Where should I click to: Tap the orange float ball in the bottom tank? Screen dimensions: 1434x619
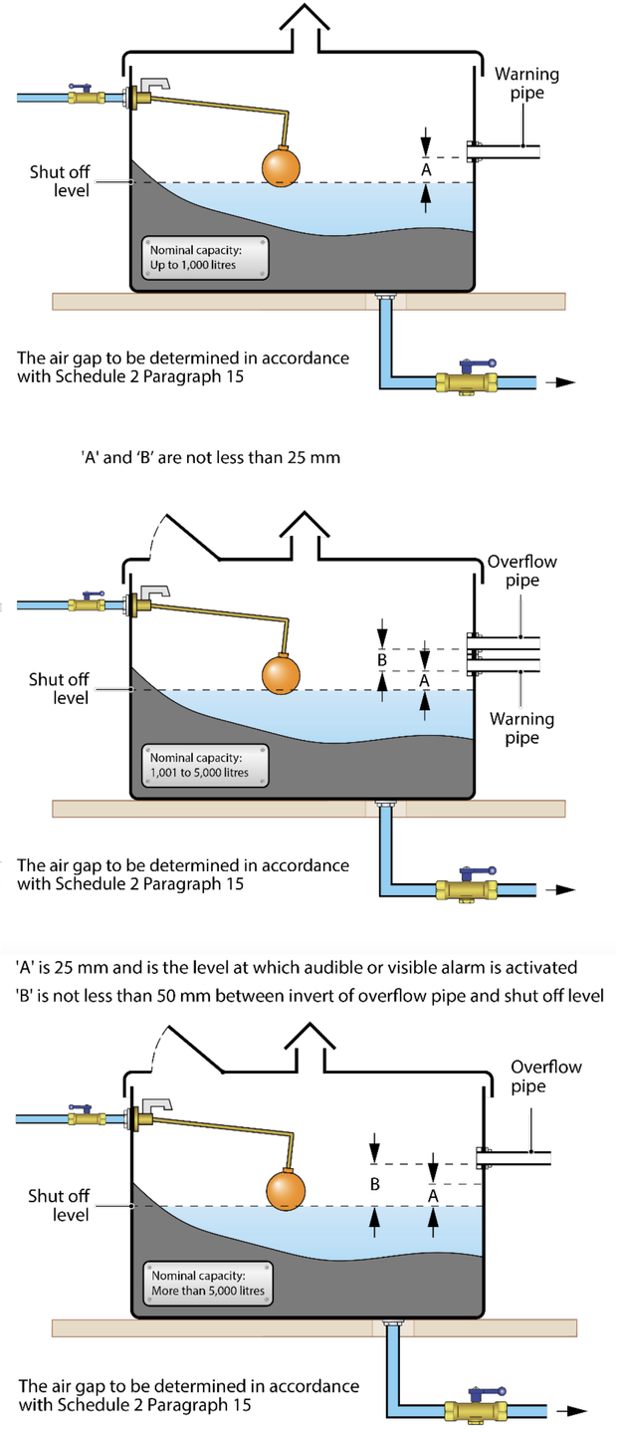(x=289, y=1189)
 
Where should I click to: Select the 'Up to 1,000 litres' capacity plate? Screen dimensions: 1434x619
(x=205, y=258)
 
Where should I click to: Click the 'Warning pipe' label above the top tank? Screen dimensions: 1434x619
(x=526, y=83)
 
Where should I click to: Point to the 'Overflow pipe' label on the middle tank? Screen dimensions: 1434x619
(x=521, y=571)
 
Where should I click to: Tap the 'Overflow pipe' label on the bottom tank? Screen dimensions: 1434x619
(x=546, y=1076)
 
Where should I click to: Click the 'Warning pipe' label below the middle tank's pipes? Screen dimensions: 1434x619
(x=521, y=728)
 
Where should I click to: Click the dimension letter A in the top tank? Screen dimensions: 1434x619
(x=426, y=170)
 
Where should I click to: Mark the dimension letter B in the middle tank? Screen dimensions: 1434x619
(x=381, y=658)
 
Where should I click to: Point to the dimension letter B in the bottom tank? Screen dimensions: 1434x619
(x=374, y=1184)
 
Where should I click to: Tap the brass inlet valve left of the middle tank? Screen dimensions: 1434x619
(x=88, y=603)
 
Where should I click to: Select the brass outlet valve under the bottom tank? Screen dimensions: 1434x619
(x=478, y=1410)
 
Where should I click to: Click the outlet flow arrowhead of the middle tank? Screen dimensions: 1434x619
(x=568, y=889)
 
